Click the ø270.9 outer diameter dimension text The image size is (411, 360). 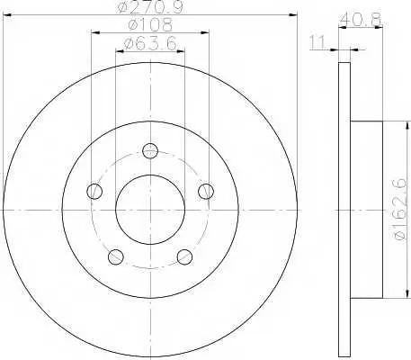[150, 6]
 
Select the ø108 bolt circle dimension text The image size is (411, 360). [150, 25]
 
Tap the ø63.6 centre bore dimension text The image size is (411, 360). [150, 44]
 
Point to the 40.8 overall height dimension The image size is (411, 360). [361, 20]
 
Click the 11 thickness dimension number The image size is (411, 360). [317, 42]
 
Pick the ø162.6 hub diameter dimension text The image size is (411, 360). [400, 209]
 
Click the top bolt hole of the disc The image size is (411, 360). [150, 150]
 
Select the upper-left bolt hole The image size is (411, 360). [94, 191]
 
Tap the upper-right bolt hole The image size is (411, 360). [206, 191]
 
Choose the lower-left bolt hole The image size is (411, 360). [115, 256]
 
